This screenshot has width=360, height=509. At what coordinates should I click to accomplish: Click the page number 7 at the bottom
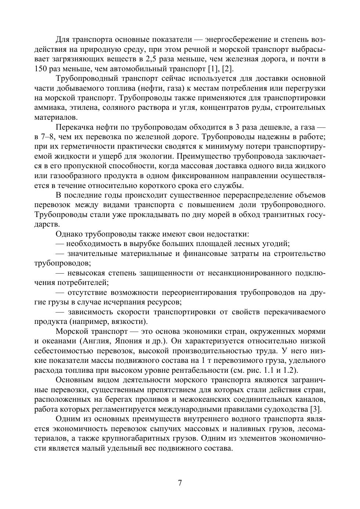tap(180, 483)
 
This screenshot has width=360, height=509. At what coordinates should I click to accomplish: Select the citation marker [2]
tap(228, 69)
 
